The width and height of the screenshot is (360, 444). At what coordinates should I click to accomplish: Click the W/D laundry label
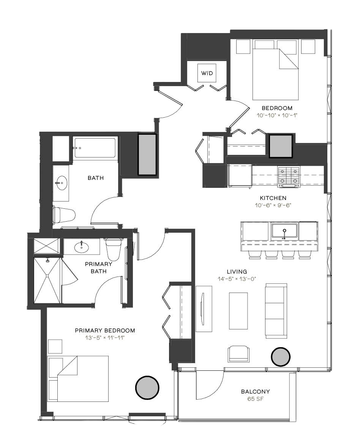tap(207, 73)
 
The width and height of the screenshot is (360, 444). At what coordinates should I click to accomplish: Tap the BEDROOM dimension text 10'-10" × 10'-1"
tap(277, 115)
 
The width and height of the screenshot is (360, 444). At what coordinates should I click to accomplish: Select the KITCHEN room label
tap(273, 198)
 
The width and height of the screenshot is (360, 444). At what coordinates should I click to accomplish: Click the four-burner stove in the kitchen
tap(289, 177)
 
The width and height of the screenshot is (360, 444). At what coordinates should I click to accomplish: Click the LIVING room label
tap(237, 272)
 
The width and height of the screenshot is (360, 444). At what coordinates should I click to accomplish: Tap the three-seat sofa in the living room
tap(276, 311)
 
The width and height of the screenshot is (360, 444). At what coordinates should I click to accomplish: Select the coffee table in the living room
tap(238, 311)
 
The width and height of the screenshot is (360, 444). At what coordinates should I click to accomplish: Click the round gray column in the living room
tap(280, 357)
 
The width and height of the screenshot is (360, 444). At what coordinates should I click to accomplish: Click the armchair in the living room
tap(239, 354)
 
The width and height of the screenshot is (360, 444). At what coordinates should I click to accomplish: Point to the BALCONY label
tap(255, 392)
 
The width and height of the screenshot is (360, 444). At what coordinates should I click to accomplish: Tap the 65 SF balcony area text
tap(255, 399)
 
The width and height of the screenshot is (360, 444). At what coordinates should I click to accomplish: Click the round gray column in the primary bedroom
tap(147, 388)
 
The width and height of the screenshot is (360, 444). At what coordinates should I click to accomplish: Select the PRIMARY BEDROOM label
tap(105, 331)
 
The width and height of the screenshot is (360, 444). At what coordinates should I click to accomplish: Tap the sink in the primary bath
tap(82, 247)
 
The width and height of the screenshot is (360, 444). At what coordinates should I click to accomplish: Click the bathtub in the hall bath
tap(95, 148)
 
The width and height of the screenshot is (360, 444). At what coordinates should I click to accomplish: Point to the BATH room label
tap(96, 178)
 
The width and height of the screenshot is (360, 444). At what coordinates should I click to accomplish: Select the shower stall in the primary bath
tap(47, 280)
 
